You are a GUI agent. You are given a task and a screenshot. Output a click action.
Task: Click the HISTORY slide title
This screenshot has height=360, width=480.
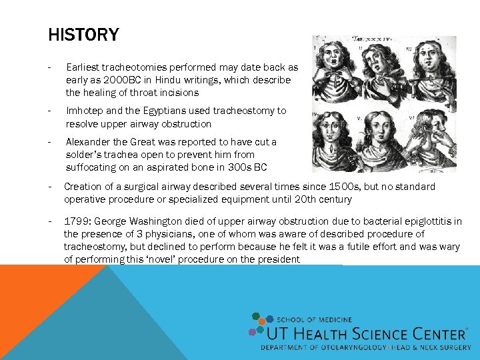click(83, 35)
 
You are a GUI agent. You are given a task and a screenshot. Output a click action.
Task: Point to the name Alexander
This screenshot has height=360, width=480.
click(91, 142)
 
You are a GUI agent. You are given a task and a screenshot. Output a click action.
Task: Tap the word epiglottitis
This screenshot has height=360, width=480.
click(433, 221)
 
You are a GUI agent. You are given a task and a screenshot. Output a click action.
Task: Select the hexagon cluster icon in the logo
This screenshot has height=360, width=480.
click(257, 324)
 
